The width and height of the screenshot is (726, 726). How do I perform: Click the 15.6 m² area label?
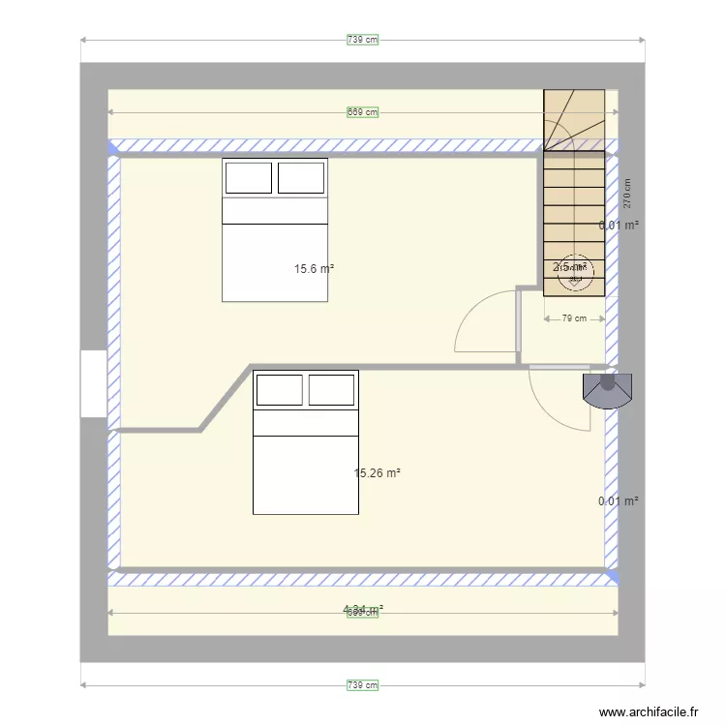(x=315, y=269)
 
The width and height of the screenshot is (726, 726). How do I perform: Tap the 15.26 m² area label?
(x=378, y=473)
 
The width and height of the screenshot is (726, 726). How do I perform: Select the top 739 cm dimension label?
(x=362, y=40)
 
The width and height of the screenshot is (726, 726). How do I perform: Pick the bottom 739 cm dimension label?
(x=362, y=685)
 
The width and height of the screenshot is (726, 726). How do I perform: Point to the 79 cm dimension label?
(x=574, y=318)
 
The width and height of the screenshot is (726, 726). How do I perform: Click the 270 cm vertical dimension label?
(x=627, y=194)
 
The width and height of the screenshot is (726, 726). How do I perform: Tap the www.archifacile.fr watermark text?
(x=649, y=711)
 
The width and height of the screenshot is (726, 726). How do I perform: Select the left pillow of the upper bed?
(x=249, y=178)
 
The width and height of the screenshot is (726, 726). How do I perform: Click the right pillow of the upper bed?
(x=301, y=178)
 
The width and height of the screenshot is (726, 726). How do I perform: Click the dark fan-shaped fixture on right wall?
(x=607, y=389)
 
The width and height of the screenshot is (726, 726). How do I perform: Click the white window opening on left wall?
(x=93, y=383)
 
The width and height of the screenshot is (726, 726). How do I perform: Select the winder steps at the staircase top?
(x=573, y=120)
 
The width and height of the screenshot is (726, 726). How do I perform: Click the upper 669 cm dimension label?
(x=362, y=112)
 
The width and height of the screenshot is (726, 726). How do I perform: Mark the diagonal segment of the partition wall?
(x=224, y=397)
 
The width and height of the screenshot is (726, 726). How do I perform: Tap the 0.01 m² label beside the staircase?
(x=619, y=226)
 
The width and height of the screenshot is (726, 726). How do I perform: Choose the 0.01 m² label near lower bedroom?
(x=619, y=501)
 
